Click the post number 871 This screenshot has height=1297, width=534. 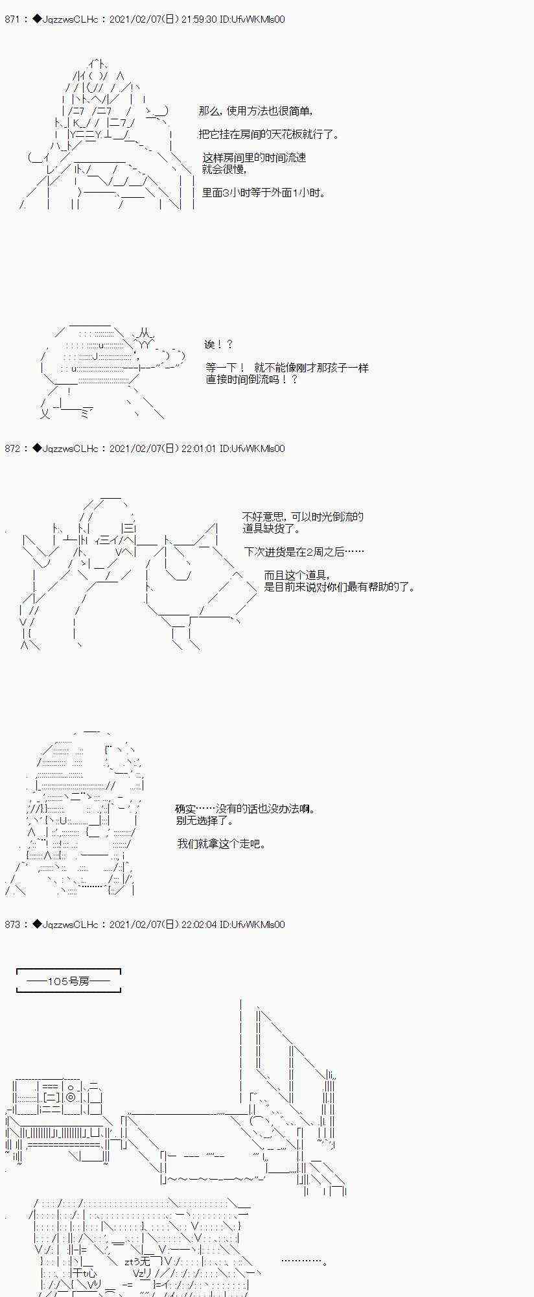click(12, 19)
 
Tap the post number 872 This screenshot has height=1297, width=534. click(12, 449)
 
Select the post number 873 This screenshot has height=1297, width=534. click(12, 925)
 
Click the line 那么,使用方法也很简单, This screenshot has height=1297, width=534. click(256, 111)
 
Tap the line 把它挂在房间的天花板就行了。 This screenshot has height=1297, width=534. click(269, 134)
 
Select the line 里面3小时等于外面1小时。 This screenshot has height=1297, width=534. click(264, 193)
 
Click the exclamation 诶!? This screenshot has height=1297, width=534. click(218, 345)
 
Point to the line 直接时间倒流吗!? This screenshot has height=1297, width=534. click(252, 379)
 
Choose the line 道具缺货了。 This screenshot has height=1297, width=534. click(272, 529)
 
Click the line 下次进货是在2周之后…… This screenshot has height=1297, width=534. click(304, 552)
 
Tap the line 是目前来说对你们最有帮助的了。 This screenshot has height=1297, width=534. click(340, 587)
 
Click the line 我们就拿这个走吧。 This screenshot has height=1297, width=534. click(222, 844)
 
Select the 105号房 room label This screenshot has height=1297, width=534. click(69, 982)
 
